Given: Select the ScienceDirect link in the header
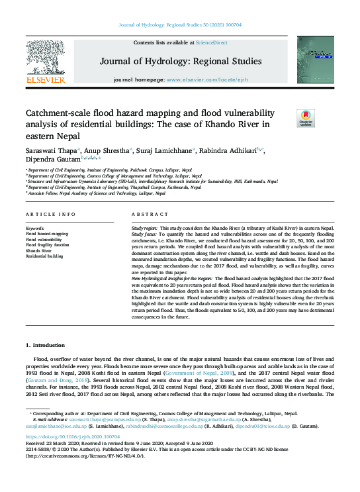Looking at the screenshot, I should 212,42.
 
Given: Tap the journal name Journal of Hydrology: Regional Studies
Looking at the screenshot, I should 180,62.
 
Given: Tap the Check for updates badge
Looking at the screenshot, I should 305,119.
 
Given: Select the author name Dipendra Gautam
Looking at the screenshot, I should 52,159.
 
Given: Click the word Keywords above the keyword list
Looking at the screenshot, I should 35,228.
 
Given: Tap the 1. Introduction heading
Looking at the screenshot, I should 46,346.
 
